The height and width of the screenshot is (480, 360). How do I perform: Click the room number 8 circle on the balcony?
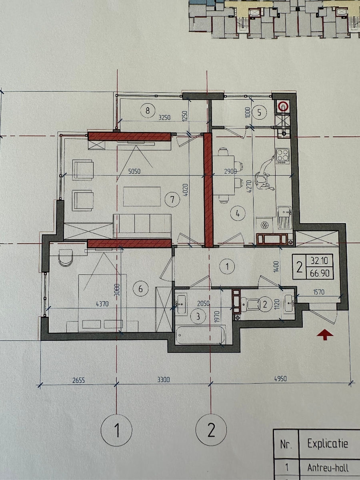pos(148,110)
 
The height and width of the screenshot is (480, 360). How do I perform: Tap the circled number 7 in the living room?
pos(172,200)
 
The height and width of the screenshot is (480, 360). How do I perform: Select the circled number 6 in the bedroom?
pos(140,289)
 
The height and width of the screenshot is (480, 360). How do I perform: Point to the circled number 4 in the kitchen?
pos(238,213)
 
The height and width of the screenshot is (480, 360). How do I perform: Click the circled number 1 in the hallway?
pos(227,266)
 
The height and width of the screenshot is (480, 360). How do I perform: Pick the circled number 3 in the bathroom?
pos(198,316)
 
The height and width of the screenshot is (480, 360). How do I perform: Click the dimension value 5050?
pos(134,171)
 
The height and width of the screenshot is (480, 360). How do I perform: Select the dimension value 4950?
pos(280,378)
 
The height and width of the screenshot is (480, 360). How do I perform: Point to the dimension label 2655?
pos(78,380)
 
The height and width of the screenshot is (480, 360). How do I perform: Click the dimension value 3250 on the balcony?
pos(164,118)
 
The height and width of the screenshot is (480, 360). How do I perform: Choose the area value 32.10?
pos(320,260)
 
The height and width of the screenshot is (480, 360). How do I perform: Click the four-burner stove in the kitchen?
pos(283,156)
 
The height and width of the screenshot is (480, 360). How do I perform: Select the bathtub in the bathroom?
pos(200,335)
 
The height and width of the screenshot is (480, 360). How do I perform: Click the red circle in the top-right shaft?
pos(283,106)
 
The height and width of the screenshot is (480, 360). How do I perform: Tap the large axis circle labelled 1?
pos(116,430)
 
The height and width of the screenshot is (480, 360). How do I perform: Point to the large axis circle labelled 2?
pos(211,430)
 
